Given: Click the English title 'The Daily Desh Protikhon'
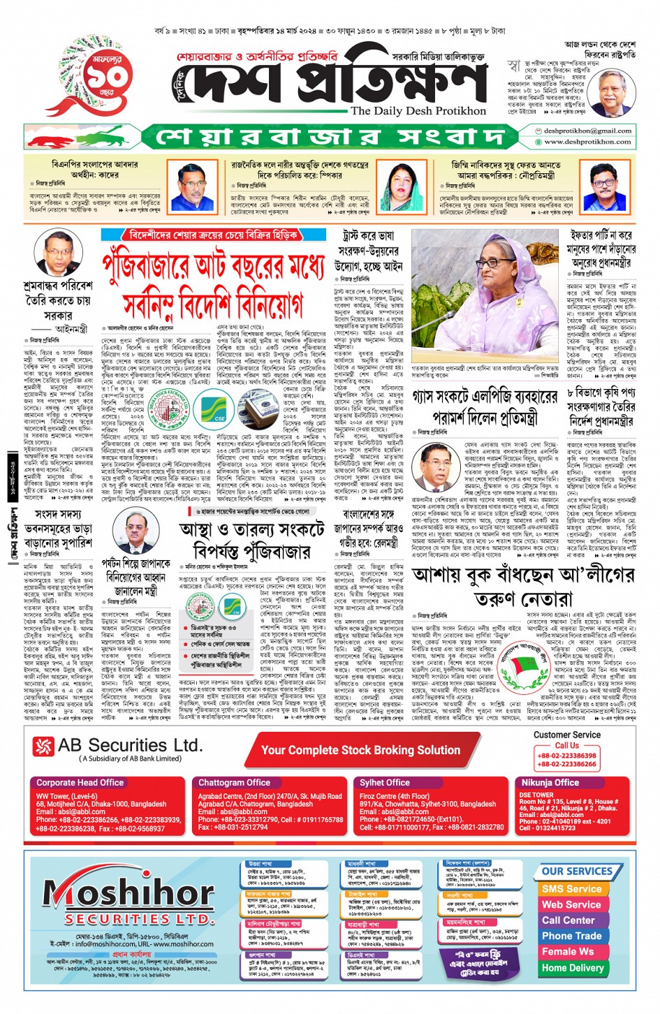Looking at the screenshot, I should tap(418, 111).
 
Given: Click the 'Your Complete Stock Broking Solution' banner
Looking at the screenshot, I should tap(360, 750).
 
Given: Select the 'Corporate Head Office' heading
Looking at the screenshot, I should tap(80, 783).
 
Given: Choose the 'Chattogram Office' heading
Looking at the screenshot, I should tap(234, 783).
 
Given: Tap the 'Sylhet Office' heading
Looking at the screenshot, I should tap(385, 783).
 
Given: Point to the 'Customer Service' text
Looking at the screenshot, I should tap(566, 735).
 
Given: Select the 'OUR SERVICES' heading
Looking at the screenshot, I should tap(577, 872).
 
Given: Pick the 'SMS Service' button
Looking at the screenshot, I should tap(571, 889).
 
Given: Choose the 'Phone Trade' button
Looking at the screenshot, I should tap(571, 936).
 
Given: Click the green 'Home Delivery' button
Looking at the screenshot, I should tap(572, 968).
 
